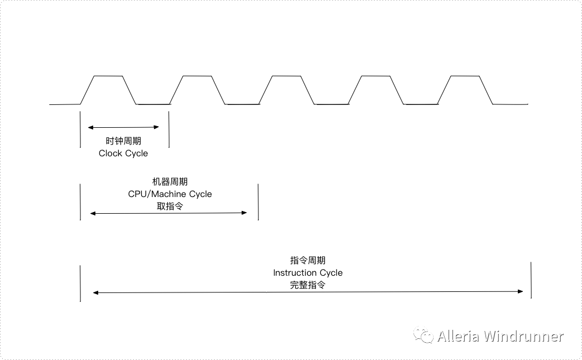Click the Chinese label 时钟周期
click(x=123, y=141)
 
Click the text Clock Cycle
click(x=123, y=153)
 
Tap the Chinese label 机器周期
click(x=170, y=181)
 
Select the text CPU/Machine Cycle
click(x=170, y=194)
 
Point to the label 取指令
click(x=170, y=207)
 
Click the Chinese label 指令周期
click(x=307, y=260)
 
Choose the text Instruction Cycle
click(x=307, y=273)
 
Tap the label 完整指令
click(x=307, y=285)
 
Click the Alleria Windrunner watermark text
click(x=501, y=336)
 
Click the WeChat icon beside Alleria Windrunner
click(x=424, y=335)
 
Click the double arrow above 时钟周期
click(x=123, y=127)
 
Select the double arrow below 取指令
click(x=169, y=213)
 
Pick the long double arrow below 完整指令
click(x=308, y=292)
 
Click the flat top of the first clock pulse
click(x=108, y=76)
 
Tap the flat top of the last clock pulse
click(x=465, y=76)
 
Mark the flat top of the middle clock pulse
click(x=287, y=76)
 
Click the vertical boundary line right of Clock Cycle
click(x=169, y=129)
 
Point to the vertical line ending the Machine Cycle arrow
click(x=258, y=202)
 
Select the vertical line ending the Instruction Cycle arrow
click(x=531, y=280)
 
